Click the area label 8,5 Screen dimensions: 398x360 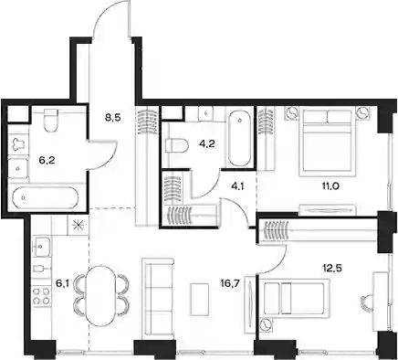[x=113, y=118]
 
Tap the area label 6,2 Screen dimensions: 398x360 [x=47, y=160]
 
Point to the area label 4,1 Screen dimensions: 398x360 [x=236, y=185]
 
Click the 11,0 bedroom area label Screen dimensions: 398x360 [x=330, y=185]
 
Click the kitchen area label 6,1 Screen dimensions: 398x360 [x=62, y=283]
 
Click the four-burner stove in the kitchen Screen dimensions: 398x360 [x=41, y=296]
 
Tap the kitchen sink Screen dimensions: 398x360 [x=41, y=247]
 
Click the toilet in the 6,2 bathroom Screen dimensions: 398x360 [x=51, y=121]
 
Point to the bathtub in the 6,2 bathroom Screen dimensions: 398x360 [x=46, y=197]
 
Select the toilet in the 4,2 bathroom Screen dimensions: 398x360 [x=176, y=145]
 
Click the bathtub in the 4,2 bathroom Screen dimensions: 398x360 [x=240, y=139]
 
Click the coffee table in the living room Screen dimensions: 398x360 [x=199, y=299]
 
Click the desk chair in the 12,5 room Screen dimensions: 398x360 [x=365, y=303]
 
